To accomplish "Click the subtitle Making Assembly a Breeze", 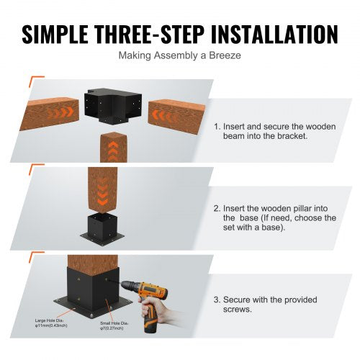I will [180, 54].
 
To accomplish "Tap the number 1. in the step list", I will [217, 125].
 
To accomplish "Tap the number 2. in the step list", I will [217, 207].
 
